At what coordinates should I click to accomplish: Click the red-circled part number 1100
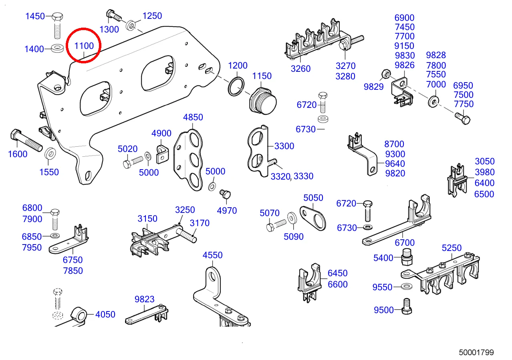pyautogui.click(x=84, y=46)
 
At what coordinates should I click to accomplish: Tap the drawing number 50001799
pyautogui.click(x=476, y=352)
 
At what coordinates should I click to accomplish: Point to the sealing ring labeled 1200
pyautogui.click(x=237, y=87)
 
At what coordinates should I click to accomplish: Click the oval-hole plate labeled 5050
pyautogui.click(x=314, y=217)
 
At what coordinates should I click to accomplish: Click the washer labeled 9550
pyautogui.click(x=407, y=287)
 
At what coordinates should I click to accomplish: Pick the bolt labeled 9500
pyautogui.click(x=407, y=307)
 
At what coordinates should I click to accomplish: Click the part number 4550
pyautogui.click(x=212, y=255)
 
